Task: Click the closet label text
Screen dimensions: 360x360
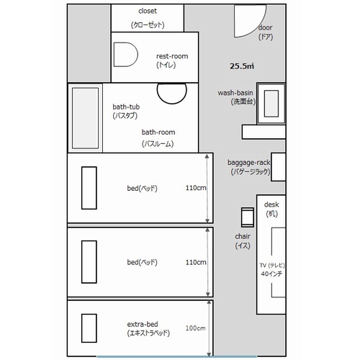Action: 148,18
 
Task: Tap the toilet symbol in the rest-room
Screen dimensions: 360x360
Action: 126,55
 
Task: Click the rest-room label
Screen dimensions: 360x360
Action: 172,60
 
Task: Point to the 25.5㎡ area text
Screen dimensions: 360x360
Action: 242,66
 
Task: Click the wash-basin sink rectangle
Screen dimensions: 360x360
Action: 271,104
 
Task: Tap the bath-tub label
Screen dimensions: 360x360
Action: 126,111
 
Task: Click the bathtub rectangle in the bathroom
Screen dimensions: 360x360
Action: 85,118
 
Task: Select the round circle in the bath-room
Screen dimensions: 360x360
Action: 172,90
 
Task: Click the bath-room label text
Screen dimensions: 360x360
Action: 158,138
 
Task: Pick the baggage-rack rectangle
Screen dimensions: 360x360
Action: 279,167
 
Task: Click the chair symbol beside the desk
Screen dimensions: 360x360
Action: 248,217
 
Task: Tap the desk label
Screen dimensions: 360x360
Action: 271,209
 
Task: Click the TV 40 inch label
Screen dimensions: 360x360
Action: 272,269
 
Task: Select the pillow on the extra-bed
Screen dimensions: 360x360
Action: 89,328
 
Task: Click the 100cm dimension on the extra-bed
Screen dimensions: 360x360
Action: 195,328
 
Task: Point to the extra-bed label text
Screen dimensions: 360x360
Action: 148,328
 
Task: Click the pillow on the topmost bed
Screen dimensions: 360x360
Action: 89,188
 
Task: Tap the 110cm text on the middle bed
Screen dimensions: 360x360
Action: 196,262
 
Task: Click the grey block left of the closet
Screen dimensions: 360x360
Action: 89,43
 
